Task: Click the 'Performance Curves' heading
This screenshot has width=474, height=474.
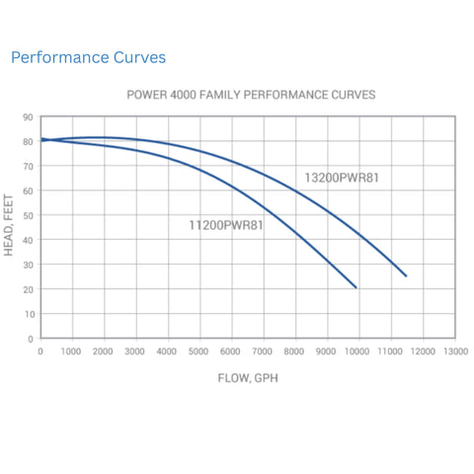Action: pyautogui.click(x=88, y=58)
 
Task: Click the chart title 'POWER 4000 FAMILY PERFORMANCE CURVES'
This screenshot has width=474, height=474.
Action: pyautogui.click(x=251, y=97)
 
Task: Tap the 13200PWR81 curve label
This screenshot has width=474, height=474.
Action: pyautogui.click(x=342, y=178)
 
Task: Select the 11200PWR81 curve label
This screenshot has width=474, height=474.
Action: pyautogui.click(x=226, y=225)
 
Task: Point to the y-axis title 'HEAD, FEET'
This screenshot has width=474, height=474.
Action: pyautogui.click(x=10, y=227)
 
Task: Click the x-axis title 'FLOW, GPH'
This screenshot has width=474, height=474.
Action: pyautogui.click(x=247, y=378)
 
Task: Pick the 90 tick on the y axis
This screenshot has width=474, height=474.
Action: pyautogui.click(x=29, y=117)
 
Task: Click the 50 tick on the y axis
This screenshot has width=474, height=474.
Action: pyautogui.click(x=29, y=215)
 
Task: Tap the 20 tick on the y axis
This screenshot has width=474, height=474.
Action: pyautogui.click(x=29, y=289)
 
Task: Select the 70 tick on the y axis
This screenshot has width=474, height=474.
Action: pyautogui.click(x=29, y=166)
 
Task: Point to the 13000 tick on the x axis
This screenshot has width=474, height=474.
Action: pyautogui.click(x=454, y=352)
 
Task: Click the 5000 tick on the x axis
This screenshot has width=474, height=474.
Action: pyautogui.click(x=198, y=352)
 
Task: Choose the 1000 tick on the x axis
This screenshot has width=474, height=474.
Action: pyautogui.click(x=71, y=352)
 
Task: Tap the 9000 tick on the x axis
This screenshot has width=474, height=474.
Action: pyautogui.click(x=326, y=352)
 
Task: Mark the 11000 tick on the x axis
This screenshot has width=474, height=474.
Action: pyautogui.click(x=390, y=352)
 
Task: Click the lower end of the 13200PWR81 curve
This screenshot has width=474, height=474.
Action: pyautogui.click(x=405, y=276)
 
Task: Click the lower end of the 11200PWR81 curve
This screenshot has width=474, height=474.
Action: pyautogui.click(x=355, y=287)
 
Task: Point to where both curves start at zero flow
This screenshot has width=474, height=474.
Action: pyautogui.click(x=40, y=140)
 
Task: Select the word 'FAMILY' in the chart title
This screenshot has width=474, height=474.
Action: pyautogui.click(x=233, y=97)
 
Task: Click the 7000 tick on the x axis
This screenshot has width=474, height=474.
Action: pyautogui.click(x=263, y=352)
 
